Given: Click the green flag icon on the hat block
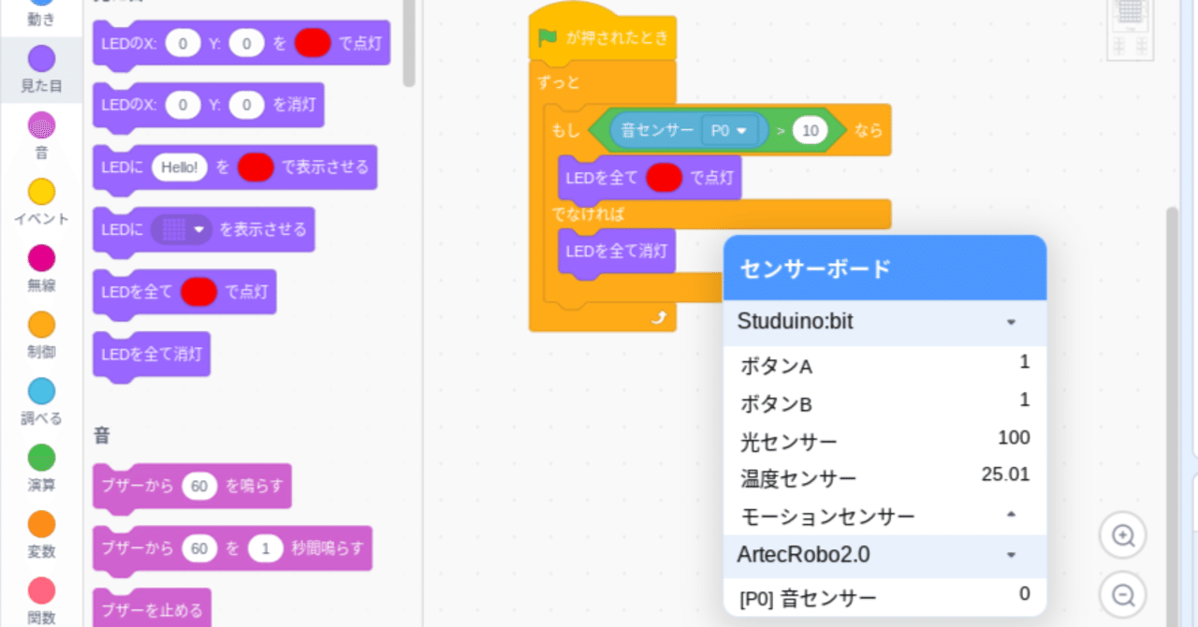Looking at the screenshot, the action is coord(548,38).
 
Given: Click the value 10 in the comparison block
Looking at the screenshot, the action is coord(811,131).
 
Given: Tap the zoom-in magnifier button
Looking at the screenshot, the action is coord(1122,536).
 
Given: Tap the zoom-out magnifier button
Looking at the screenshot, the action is coord(1122,594).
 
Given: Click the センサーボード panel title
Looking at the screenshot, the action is coord(815,270).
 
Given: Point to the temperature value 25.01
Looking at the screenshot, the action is coord(1005,474).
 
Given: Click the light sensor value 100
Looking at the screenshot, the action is coord(1014,437).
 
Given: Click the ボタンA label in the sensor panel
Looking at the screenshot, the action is coord(776,367).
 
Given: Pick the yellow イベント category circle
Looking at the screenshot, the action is coord(41,192).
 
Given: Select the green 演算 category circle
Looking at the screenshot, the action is coord(41,458).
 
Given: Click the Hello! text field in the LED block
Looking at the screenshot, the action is coord(180,168).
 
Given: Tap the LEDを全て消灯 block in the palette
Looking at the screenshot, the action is coord(152,356).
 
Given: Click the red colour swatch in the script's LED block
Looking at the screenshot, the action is coord(664,177).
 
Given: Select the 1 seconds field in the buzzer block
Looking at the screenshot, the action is coord(267,548).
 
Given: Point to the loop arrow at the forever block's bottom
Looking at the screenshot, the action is coord(660,318).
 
